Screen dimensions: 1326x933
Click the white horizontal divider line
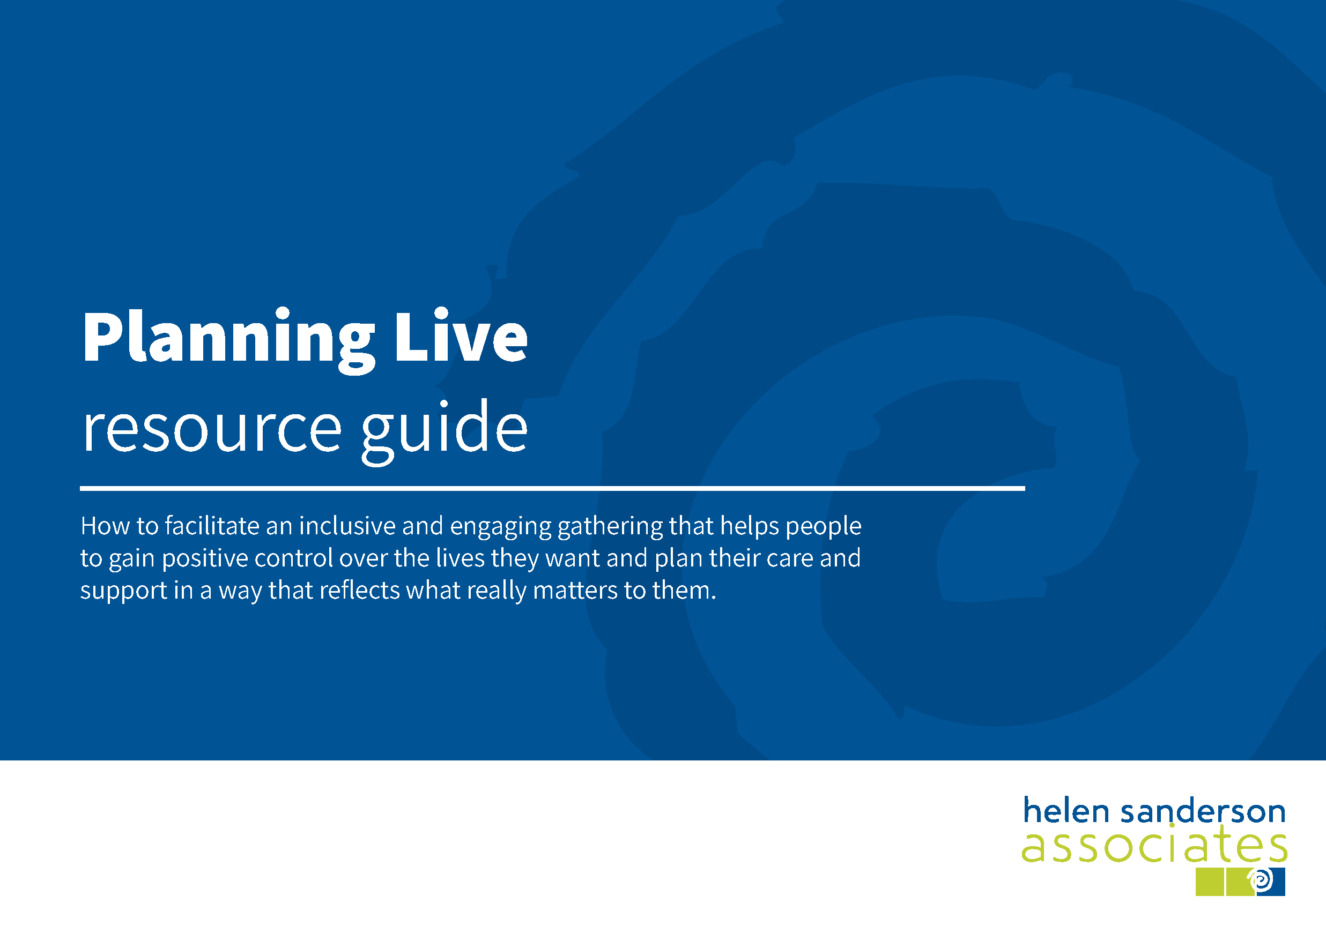tap(552, 488)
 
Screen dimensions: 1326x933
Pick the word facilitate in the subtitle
tap(212, 526)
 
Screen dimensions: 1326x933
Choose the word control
tap(293, 558)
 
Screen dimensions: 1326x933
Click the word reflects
tap(359, 591)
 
